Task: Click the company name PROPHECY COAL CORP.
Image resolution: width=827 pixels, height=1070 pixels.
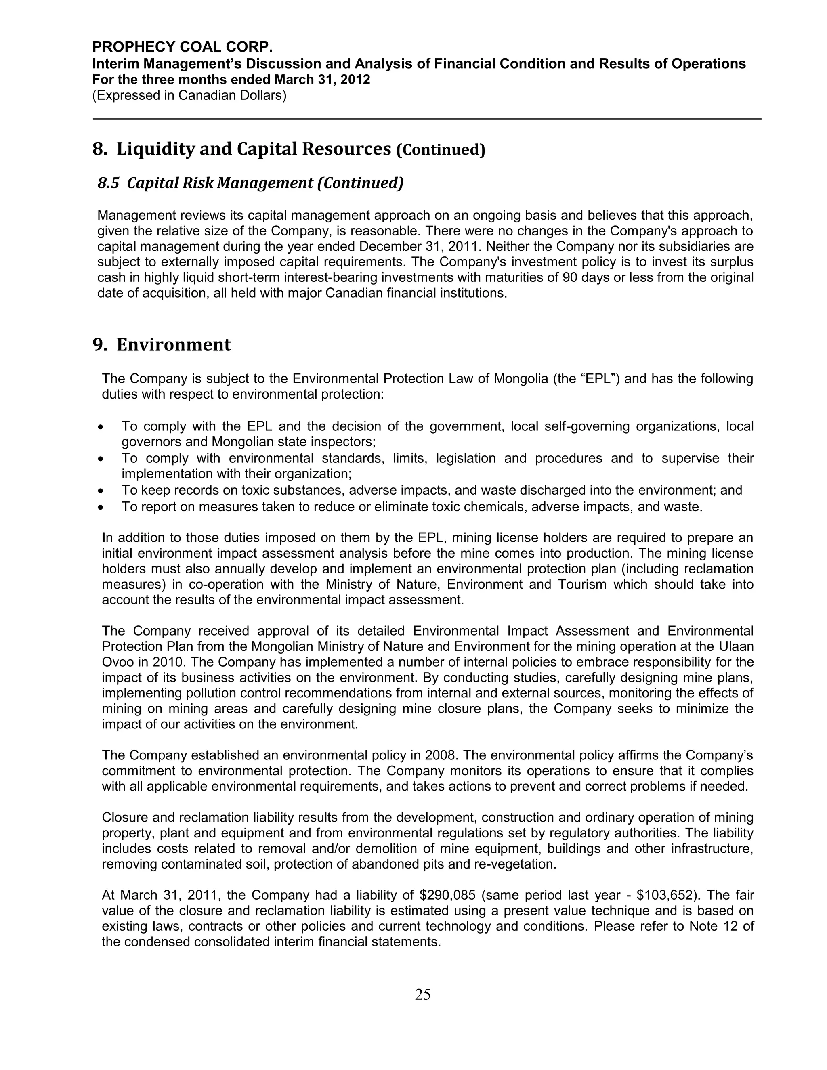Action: pyautogui.click(x=182, y=47)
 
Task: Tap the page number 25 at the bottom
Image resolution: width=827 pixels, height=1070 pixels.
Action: pyautogui.click(x=422, y=994)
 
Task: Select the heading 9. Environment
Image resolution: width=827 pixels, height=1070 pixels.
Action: pyautogui.click(x=162, y=345)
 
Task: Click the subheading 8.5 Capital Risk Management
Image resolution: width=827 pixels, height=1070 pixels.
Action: pyautogui.click(x=250, y=183)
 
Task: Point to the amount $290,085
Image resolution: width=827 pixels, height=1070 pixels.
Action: pyautogui.click(x=448, y=895)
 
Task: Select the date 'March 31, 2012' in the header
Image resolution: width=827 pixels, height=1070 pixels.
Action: pyautogui.click(x=322, y=80)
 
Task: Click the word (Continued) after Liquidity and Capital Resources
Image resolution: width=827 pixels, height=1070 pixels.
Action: pyautogui.click(x=441, y=150)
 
